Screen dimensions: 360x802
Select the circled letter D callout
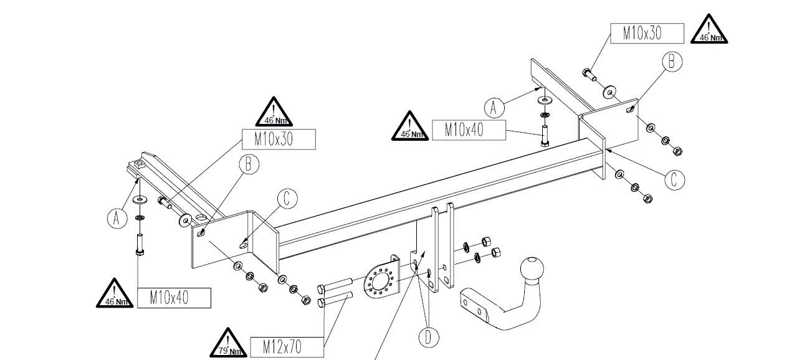[427, 337]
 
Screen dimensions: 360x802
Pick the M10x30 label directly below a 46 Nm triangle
[278, 139]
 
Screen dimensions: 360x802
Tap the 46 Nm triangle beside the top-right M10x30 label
[709, 31]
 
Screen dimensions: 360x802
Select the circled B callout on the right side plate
[671, 62]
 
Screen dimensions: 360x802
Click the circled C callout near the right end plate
[673, 179]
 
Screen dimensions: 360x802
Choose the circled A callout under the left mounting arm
[116, 217]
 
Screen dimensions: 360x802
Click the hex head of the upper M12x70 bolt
[322, 289]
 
